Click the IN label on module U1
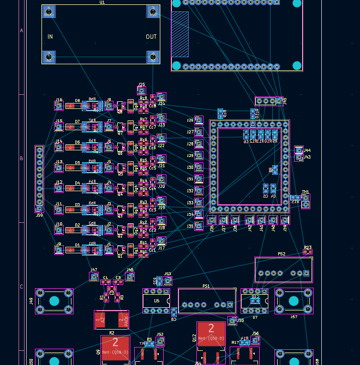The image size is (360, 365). tap(50, 37)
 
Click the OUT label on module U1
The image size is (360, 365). tap(151, 37)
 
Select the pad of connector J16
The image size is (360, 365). tap(59, 106)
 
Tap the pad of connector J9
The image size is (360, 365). tap(59, 250)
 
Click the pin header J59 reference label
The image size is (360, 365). tap(39, 215)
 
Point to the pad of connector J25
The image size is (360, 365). tap(142, 91)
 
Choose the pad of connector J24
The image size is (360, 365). tap(161, 98)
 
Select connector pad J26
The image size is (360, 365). tap(199, 120)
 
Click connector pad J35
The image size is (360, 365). tap(199, 226)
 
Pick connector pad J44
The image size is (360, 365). tap(298, 150)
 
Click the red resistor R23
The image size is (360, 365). tap(308, 252)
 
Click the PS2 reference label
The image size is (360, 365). tap(281, 254)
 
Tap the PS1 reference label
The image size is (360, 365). tap(206, 285)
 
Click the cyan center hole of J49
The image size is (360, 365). tap(54, 301)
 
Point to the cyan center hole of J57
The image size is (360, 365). tap(293, 301)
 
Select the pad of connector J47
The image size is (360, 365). tap(94, 277)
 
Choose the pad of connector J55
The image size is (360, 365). tap(232, 321)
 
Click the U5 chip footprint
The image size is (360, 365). tap(157, 301)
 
